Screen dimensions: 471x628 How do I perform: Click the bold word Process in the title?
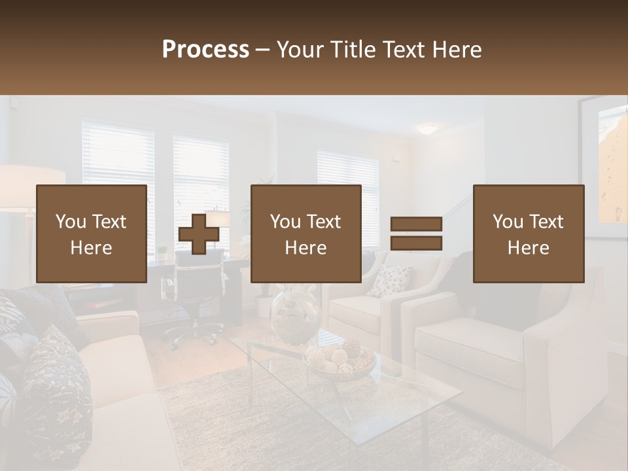[205, 50]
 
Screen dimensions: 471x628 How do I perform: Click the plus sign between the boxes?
[199, 234]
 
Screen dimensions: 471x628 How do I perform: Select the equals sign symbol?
[416, 234]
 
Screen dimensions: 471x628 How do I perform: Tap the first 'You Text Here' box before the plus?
[92, 234]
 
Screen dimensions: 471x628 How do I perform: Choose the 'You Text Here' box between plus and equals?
[306, 234]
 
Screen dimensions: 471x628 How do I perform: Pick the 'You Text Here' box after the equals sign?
[529, 234]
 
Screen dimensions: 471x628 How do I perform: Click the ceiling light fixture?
[428, 129]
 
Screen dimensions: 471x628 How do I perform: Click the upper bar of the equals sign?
[416, 224]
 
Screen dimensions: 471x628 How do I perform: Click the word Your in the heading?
[302, 50]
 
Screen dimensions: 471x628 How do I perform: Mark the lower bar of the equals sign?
[416, 243]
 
